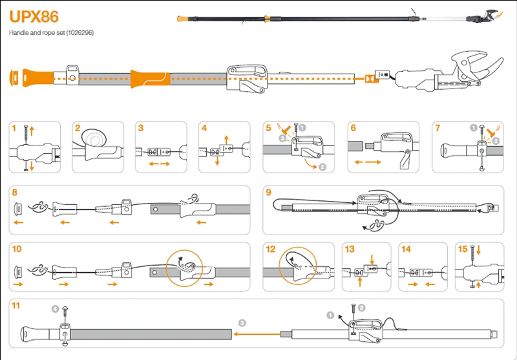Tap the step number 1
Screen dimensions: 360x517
click(14, 129)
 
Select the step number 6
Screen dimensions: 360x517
click(353, 129)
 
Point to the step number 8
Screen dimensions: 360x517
click(15, 192)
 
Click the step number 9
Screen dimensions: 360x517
click(269, 192)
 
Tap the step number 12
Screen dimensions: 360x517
click(271, 249)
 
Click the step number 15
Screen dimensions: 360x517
click(463, 249)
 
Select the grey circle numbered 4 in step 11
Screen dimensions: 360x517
click(55, 310)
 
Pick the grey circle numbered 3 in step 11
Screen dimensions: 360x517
click(242, 322)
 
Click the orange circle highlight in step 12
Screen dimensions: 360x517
click(298, 266)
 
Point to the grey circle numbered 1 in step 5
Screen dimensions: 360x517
click(302, 128)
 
